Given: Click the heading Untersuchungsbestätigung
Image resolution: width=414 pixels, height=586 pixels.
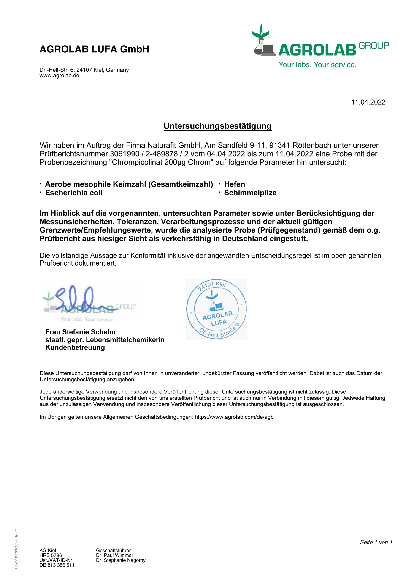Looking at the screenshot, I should coord(218,126).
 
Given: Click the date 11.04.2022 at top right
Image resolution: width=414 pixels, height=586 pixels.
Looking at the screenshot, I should coord(368,102).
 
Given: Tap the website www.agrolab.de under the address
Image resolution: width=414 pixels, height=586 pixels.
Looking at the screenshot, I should coord(59,76).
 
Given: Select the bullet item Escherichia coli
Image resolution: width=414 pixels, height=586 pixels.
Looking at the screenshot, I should coord(73,193).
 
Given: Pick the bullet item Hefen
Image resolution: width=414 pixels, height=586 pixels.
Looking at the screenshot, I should coord(234,184).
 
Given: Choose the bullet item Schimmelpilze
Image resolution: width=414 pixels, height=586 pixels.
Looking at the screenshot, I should coord(250,193).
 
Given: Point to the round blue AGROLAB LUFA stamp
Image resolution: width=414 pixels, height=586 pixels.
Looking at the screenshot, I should coord(216,309).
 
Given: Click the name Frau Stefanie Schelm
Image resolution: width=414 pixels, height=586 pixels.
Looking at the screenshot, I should coord(80,332).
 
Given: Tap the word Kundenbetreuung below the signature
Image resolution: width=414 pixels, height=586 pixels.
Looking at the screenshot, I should coord(75,347).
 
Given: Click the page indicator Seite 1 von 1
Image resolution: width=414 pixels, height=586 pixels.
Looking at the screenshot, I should coord(376,542).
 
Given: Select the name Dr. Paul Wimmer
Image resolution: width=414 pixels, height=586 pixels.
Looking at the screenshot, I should coord(115,555).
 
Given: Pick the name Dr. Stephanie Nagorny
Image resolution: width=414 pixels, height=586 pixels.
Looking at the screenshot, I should coord(121,560).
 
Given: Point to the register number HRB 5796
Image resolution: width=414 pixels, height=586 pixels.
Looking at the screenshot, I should coord(51,555).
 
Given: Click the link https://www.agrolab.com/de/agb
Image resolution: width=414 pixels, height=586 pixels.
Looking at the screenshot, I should coord(234,417).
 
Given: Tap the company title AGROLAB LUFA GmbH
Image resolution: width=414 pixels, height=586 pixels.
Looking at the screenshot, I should coord(94,49).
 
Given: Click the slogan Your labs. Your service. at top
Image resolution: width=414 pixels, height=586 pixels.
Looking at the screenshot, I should coord(317,65).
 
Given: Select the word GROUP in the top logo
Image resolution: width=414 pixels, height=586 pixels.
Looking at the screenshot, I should coord(374,46).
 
